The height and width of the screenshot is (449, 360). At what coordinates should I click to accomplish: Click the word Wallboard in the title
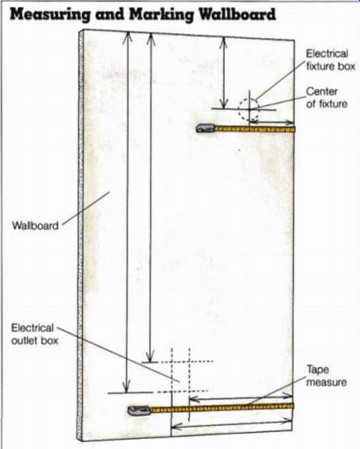[x=237, y=14]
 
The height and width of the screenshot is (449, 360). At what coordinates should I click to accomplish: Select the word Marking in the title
[x=164, y=15]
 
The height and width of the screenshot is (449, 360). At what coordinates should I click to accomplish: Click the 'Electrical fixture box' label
[x=330, y=60]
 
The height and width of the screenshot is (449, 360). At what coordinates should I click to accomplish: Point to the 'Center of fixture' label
[x=326, y=97]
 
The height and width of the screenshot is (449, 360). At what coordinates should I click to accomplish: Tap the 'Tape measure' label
[x=326, y=375]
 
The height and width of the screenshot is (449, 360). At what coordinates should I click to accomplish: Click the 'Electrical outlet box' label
[x=35, y=334]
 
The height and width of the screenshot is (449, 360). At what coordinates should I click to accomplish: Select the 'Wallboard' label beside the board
[x=35, y=226]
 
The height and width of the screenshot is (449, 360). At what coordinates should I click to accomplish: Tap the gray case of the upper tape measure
[x=205, y=129]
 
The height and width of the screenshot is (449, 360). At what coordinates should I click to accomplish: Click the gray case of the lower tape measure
[x=139, y=410]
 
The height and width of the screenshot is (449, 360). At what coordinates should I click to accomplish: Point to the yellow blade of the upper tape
[x=254, y=129]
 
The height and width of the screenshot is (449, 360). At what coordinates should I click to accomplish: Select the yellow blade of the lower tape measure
[x=222, y=408]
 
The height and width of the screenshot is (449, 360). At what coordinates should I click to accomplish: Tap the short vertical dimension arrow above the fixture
[x=224, y=73]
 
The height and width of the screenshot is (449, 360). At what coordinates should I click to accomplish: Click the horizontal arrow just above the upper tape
[x=272, y=123]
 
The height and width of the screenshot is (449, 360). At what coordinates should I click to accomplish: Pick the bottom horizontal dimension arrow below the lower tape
[x=232, y=424]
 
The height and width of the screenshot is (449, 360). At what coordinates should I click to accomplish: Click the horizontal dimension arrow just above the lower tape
[x=241, y=397]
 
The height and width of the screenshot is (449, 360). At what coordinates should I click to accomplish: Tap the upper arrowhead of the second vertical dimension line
[x=150, y=39]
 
